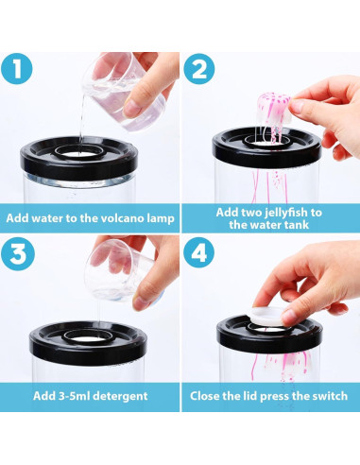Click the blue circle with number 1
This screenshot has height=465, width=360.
(17, 69)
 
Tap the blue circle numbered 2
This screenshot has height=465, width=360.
(199, 69)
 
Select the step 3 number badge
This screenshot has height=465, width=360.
(18, 254)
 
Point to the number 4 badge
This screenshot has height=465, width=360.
(198, 252)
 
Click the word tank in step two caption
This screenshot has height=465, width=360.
(296, 225)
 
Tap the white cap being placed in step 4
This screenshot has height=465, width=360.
(270, 317)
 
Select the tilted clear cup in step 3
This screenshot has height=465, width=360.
(121, 270)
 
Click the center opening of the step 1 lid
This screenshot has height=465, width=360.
(79, 153)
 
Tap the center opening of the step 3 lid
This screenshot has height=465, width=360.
(87, 338)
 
